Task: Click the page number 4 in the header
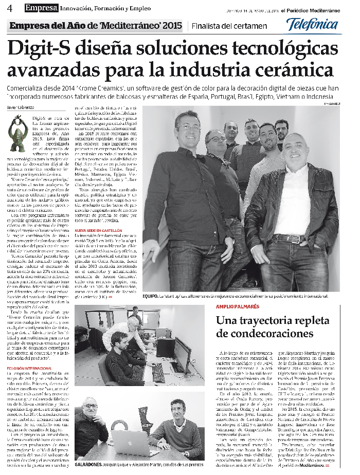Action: coord(10,7)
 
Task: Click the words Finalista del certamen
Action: coord(223,26)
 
